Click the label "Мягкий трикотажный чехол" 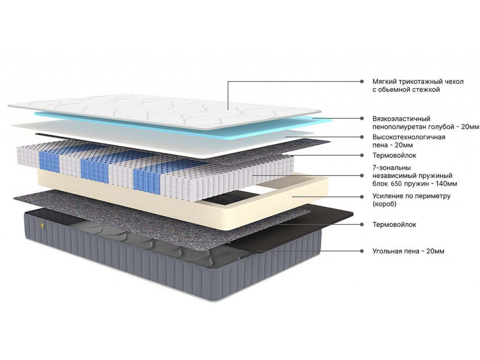coord(418,82)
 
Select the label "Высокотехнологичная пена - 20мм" coord(409,141)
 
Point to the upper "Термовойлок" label coord(394,155)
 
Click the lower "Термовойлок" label coord(394,225)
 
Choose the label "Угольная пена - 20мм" coord(408,251)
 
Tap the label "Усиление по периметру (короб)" coord(412,200)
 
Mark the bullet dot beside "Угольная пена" coord(362,251)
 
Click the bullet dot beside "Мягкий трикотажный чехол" coord(362,82)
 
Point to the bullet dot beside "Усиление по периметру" coord(362,196)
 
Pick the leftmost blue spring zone coord(49,158)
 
